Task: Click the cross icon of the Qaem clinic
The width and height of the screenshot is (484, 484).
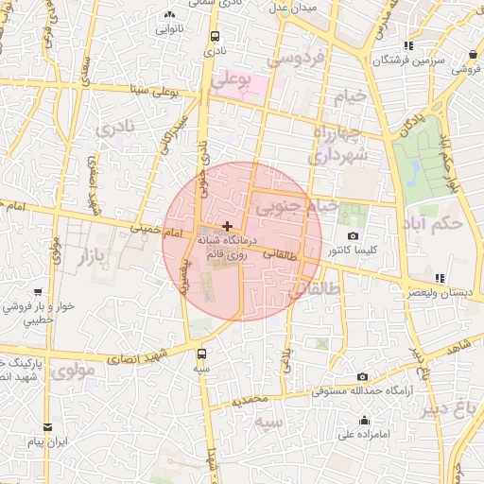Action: point(227,226)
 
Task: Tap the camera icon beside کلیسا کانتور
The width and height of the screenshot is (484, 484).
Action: point(353,235)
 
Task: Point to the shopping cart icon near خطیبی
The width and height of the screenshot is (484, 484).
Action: point(36,292)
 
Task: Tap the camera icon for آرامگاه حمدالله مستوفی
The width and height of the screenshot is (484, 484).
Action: point(362,376)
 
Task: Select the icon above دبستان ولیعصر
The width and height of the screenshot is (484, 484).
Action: point(439,278)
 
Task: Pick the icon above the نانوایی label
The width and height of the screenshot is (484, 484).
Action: point(169,14)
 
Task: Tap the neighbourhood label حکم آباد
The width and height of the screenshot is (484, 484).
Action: point(438,224)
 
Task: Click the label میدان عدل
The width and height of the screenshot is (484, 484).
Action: point(295,8)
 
